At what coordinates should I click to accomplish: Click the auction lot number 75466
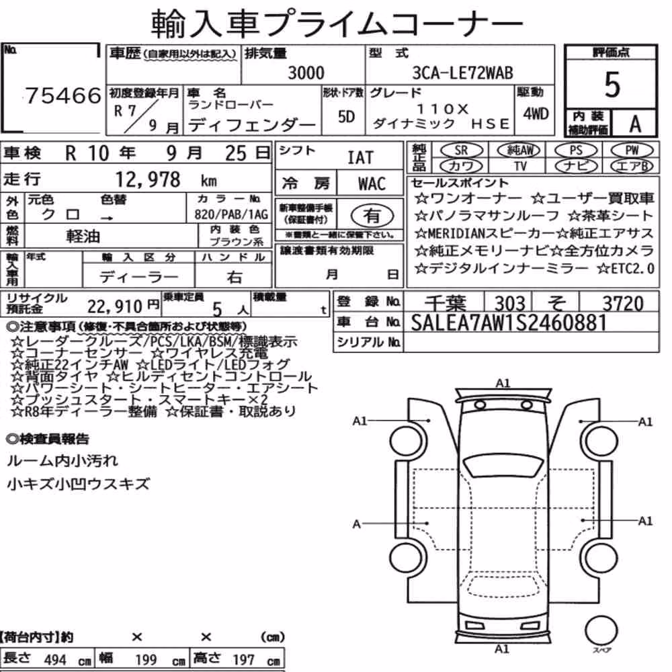(x=63, y=95)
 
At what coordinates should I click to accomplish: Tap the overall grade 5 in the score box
(x=612, y=85)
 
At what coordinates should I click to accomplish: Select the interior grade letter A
(x=635, y=124)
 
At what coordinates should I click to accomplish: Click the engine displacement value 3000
(x=306, y=73)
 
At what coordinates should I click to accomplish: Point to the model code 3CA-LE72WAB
(x=462, y=73)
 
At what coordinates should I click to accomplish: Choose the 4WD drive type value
(x=536, y=114)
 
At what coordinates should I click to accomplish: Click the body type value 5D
(x=346, y=116)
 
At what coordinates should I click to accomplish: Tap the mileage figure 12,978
(x=148, y=179)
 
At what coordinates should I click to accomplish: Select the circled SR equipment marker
(x=461, y=150)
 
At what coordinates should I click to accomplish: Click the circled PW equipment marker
(x=632, y=150)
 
